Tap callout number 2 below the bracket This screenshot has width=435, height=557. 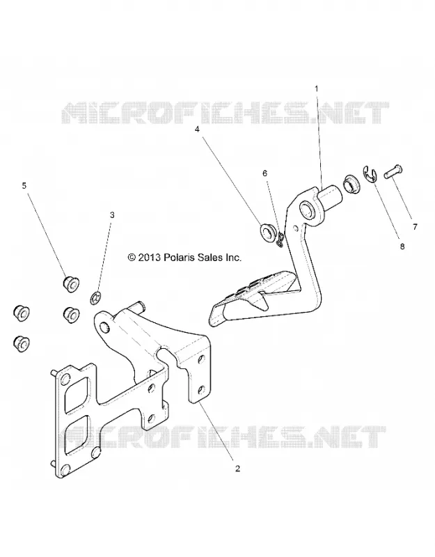coord(237,469)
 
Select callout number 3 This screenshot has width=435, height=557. coord(112,215)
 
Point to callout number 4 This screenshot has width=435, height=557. coord(197,130)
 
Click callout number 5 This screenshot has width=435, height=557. coord(24,185)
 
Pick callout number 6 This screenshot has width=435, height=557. coord(264,173)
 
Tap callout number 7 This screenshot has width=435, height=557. coord(415,226)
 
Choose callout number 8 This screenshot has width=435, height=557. coord(402,246)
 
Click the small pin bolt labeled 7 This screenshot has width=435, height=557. coord(393,171)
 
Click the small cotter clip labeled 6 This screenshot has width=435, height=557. coord(280,240)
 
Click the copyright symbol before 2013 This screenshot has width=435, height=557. coord(132,258)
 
